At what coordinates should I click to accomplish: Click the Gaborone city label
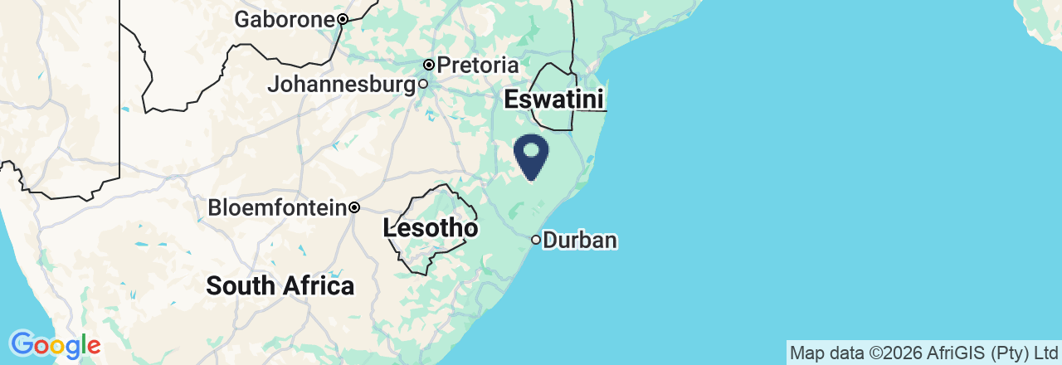tap(285, 19)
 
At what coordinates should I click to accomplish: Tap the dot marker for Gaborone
tap(342, 19)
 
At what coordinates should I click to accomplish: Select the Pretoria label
tap(477, 65)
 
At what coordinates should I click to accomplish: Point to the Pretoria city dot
tap(429, 65)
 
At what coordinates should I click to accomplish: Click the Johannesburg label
tap(341, 85)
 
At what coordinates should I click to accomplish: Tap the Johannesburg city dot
tap(422, 84)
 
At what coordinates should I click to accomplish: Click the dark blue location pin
tap(531, 155)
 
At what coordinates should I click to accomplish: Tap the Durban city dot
tap(536, 241)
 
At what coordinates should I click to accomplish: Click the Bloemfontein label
tap(277, 207)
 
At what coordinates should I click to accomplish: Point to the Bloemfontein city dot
tap(354, 207)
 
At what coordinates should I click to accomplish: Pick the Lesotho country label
tap(431, 228)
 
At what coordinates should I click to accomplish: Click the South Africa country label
tap(280, 286)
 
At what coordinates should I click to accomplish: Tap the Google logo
tap(55, 344)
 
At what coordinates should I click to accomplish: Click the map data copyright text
tap(923, 353)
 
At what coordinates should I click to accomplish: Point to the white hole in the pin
tap(531, 149)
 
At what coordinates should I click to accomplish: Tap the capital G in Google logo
tap(21, 343)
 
